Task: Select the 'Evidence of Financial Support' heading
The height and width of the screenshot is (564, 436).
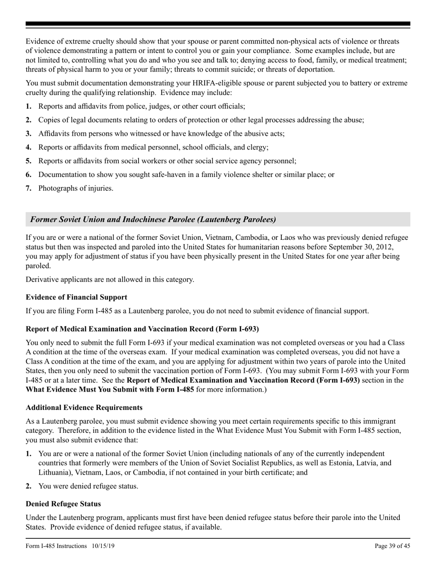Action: click(76, 297)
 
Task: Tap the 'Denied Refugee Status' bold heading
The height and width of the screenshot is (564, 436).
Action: click(63, 504)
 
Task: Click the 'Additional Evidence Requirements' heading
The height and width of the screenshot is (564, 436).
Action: click(84, 408)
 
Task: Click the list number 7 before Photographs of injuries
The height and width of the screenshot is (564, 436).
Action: click(28, 188)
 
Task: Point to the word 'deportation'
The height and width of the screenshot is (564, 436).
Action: click(314, 69)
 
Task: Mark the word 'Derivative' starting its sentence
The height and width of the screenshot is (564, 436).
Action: click(42, 279)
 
